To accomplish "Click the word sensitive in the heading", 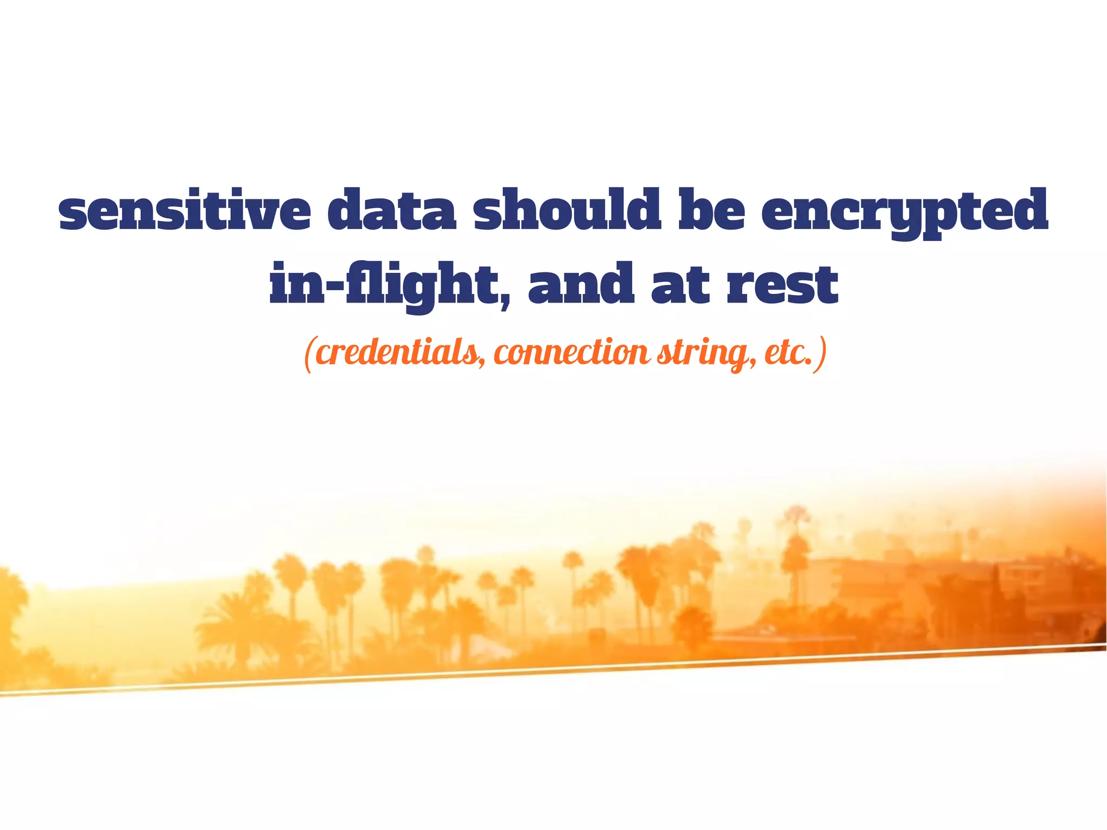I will pos(184,209).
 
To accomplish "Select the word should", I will pos(565,209).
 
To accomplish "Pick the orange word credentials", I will pos(397,353).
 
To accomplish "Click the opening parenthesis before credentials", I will pos(309,354).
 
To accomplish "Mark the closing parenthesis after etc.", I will pos(822,354).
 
